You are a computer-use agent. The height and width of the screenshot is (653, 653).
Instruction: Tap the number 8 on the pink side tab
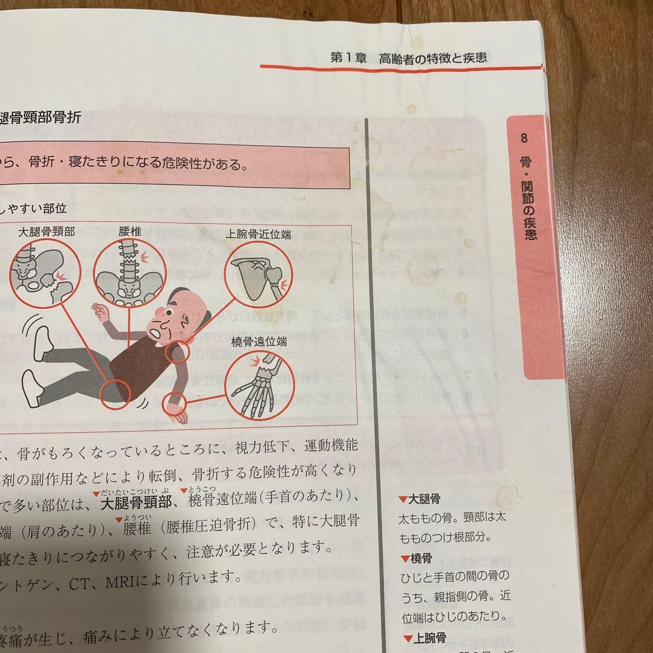tap(524, 138)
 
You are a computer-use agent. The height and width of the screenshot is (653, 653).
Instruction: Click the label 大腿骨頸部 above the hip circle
tap(47, 232)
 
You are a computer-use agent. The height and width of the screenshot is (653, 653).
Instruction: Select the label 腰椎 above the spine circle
tap(129, 232)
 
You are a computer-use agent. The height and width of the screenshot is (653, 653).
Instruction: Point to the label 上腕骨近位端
tap(258, 234)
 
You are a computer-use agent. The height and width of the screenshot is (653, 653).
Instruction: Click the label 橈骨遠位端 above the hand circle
tap(259, 342)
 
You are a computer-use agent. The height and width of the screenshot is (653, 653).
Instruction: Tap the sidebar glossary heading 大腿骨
tap(423, 499)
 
